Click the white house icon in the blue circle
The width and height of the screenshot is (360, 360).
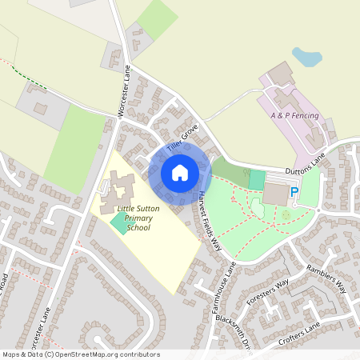(180, 173)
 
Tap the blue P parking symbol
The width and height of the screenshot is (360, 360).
(294, 192)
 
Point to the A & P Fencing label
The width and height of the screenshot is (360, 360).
(295, 117)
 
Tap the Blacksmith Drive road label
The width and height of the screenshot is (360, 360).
(234, 329)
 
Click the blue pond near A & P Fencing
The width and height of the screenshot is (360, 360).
(306, 57)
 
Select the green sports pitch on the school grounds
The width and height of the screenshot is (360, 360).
(118, 223)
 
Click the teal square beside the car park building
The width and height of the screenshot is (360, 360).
(256, 179)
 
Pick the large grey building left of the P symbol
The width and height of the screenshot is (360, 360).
(275, 194)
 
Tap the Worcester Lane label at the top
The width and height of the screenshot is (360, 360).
(124, 95)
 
